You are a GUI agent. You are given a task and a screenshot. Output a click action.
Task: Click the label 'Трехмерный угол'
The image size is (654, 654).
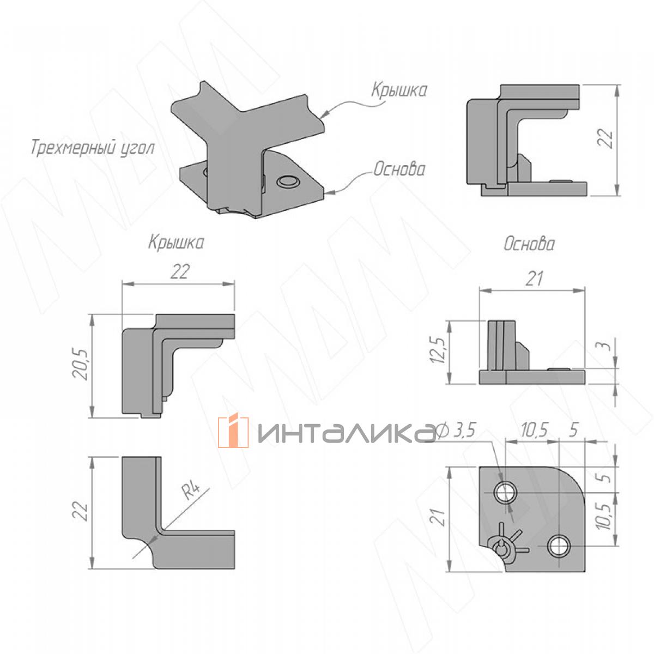pyautogui.click(x=93, y=148)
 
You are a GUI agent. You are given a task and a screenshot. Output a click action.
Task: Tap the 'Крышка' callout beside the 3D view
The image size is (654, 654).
pyautogui.click(x=398, y=90)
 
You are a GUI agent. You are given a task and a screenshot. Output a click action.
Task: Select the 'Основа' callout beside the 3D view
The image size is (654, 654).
pyautogui.click(x=399, y=169)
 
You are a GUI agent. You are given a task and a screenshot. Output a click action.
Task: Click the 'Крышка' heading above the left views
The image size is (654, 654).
pyautogui.click(x=176, y=243)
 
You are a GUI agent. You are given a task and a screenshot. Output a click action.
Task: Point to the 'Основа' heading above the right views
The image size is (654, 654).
pyautogui.click(x=529, y=244)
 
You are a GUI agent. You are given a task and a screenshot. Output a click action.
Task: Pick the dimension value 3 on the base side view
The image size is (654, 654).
pyautogui.click(x=607, y=346)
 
